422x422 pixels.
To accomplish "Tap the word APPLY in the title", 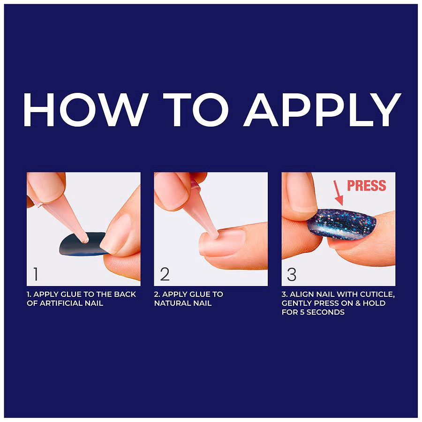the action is click(x=322, y=110).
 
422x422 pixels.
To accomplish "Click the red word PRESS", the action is click(x=366, y=186).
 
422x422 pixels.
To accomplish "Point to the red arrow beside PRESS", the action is click(x=339, y=193).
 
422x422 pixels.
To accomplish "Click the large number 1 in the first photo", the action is click(x=36, y=274).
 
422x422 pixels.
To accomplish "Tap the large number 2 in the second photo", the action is click(x=165, y=274).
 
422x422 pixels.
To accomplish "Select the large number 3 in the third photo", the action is click(x=292, y=274).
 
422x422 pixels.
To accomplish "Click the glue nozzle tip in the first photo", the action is click(x=85, y=241).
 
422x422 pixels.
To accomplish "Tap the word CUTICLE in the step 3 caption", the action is click(x=377, y=294).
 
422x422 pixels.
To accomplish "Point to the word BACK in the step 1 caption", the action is click(x=125, y=294).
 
